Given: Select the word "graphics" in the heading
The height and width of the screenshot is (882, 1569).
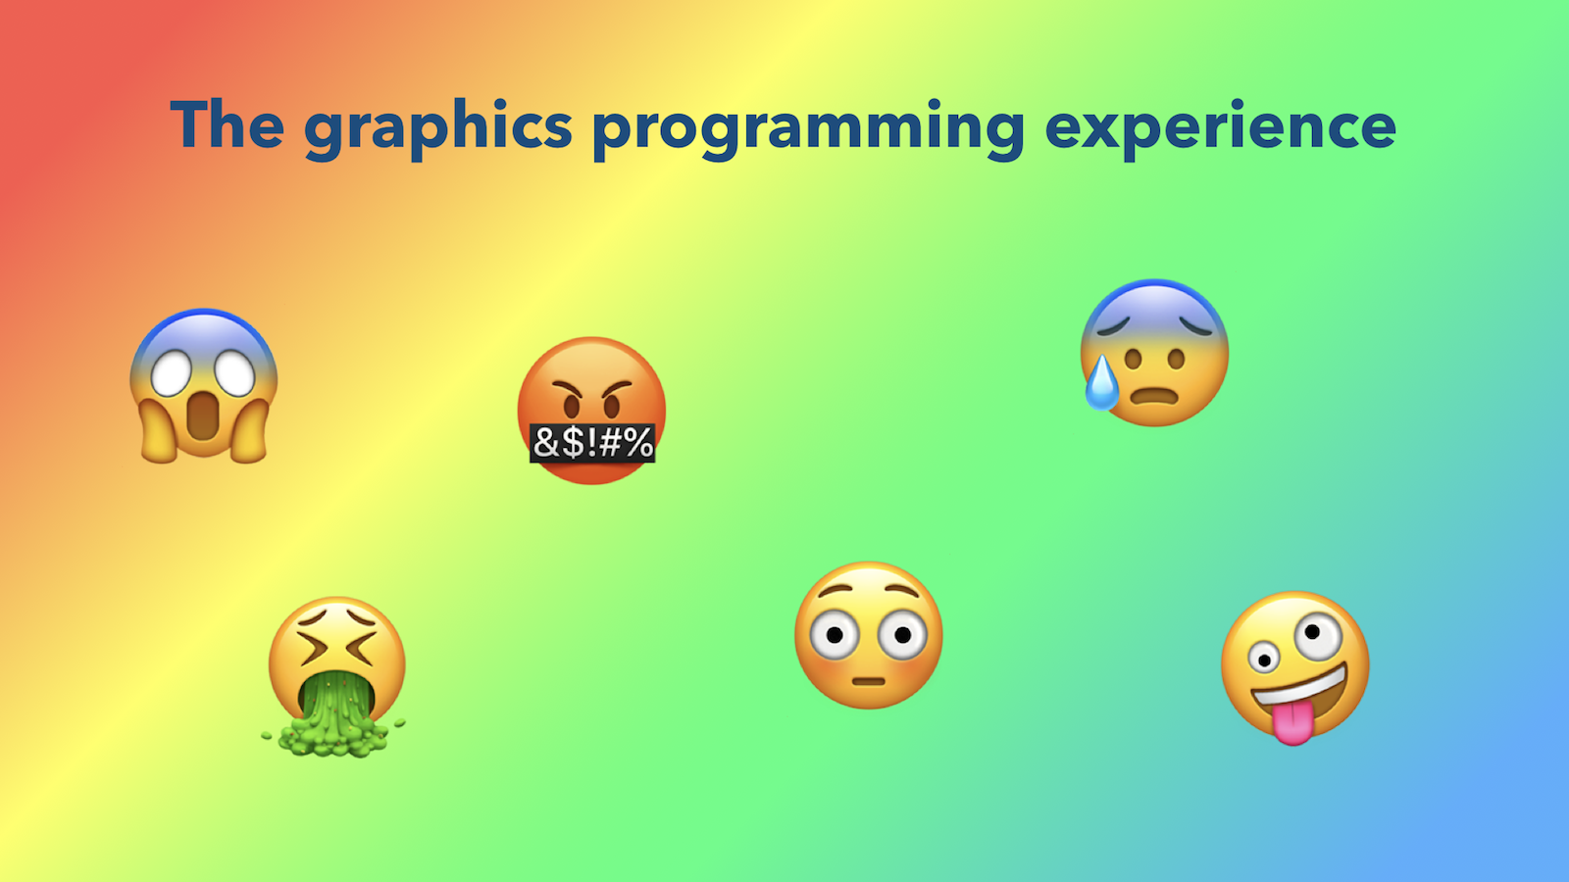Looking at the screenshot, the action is click(x=438, y=130).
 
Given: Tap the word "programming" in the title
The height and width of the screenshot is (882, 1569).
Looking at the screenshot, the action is click(x=809, y=130).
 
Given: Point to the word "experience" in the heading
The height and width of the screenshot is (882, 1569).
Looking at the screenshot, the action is click(x=1220, y=130).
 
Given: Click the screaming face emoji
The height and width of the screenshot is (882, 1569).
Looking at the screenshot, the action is click(x=204, y=386).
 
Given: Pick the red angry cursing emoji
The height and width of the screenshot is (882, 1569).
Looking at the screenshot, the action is click(x=592, y=411).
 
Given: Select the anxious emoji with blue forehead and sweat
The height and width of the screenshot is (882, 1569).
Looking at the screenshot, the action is click(x=1154, y=353).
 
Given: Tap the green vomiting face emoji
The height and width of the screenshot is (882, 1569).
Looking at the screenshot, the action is click(x=336, y=676).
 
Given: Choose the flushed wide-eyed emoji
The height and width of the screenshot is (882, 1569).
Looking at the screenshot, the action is click(x=869, y=635).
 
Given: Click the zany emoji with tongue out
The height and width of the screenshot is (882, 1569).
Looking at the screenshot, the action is click(x=1295, y=667).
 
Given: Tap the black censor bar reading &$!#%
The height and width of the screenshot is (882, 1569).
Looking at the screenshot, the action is click(x=592, y=442).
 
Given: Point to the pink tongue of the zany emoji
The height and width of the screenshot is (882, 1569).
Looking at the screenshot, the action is click(x=1293, y=724).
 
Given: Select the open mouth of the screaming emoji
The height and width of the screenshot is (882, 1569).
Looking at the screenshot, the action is click(x=203, y=416).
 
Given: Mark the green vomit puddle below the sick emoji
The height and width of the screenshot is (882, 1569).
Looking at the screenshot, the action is click(x=333, y=735).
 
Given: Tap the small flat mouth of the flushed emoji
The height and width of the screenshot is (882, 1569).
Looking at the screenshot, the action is click(x=869, y=681).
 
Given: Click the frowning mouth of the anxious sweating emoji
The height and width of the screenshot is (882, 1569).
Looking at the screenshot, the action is click(x=1155, y=397).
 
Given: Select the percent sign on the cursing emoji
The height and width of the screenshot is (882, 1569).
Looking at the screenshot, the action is click(x=638, y=442).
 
